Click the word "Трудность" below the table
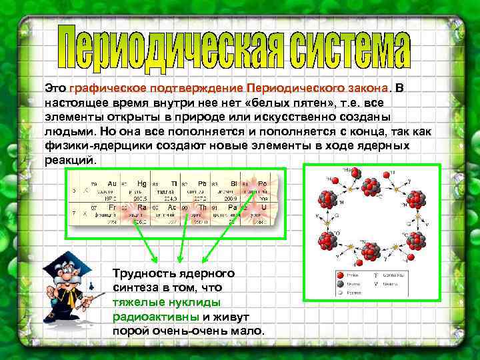(x=140, y=273)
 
